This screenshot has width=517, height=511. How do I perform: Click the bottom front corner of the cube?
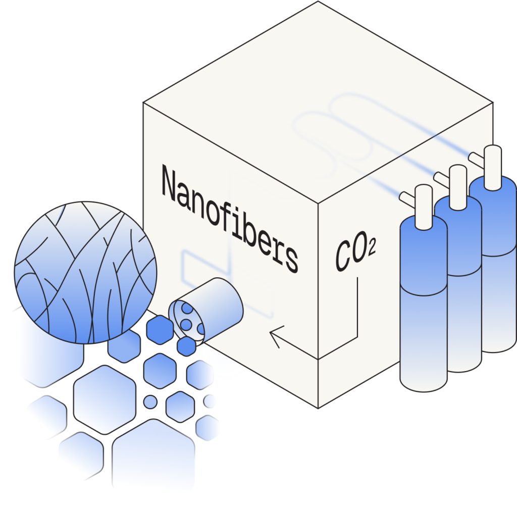click(x=318, y=407)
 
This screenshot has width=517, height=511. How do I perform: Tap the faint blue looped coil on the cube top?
click(x=333, y=126)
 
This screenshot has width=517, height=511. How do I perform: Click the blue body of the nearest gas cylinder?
click(x=423, y=303)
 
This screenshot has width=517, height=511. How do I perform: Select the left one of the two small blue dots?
click(x=150, y=401)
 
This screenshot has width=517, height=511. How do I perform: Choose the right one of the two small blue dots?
click(x=211, y=401)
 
